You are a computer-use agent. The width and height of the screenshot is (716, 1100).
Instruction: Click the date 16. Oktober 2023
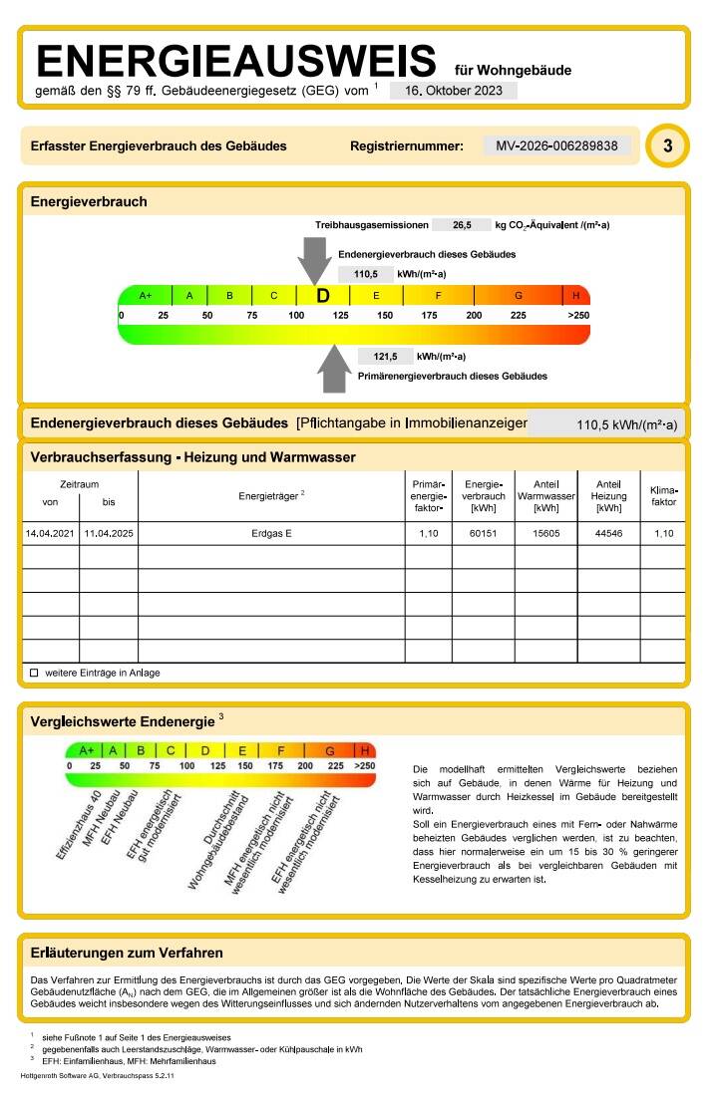453,91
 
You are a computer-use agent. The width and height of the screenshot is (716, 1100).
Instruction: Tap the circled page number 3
667,146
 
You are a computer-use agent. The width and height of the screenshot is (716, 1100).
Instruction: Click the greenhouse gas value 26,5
462,225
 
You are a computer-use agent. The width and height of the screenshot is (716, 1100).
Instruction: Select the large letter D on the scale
322,296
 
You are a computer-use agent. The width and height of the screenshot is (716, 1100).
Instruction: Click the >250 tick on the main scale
578,315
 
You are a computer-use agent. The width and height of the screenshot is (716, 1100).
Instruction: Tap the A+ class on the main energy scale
146,296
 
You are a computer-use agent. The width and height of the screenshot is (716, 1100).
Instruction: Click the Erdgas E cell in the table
271,534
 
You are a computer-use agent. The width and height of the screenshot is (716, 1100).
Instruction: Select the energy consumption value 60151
484,534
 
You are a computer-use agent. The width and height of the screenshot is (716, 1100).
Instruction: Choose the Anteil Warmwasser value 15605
546,534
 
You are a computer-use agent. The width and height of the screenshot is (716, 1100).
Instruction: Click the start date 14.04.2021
51,534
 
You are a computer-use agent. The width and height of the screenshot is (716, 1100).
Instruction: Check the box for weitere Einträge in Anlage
34,673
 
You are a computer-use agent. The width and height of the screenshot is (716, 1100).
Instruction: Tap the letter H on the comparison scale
365,750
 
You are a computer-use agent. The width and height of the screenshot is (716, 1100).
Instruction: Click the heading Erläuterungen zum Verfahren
127,954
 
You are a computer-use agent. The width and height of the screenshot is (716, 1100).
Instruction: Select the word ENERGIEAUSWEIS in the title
236,62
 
